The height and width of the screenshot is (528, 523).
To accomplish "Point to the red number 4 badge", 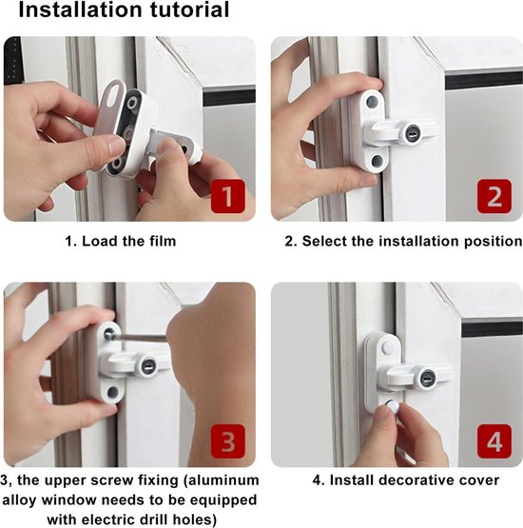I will pos(494,443).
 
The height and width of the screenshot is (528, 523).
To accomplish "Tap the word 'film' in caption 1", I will pos(157,242).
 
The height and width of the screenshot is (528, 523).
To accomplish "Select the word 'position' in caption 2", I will pos(487,242).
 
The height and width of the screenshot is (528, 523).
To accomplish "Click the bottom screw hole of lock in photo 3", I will pos(113,392).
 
